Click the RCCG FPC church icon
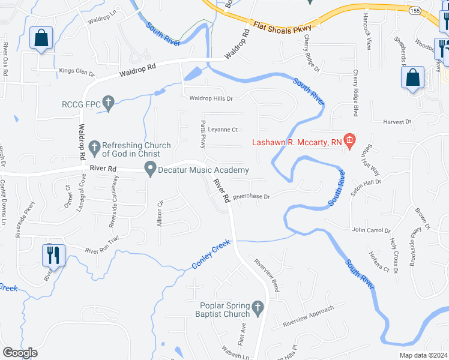[108, 104]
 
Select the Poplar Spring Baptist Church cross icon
[258, 308]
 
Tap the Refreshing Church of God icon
[94, 146]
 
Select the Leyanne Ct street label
[223, 130]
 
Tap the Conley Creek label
[211, 255]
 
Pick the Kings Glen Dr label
[77, 73]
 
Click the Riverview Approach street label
[308, 316]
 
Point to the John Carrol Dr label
[371, 230]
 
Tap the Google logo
[20, 353]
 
